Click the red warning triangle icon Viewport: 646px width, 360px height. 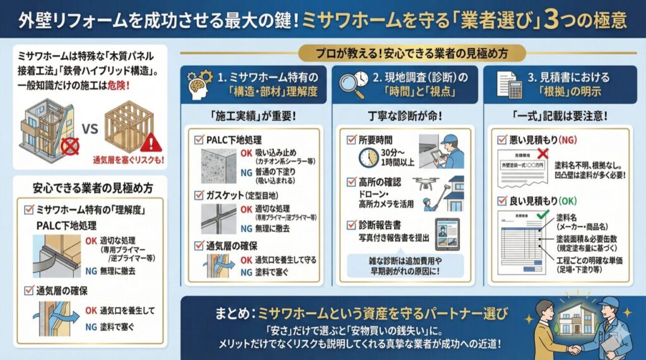pyautogui.click(x=150, y=141)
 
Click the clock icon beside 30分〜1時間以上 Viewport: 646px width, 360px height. pyautogui.click(x=368, y=158)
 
